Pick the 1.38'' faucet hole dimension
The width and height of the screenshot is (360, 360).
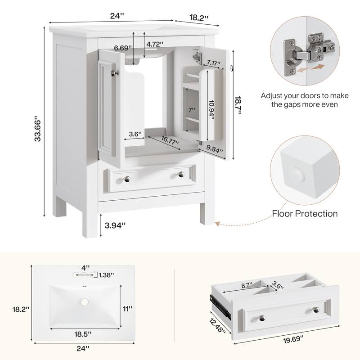click(106, 274)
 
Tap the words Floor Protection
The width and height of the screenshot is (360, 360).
click(305, 213)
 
